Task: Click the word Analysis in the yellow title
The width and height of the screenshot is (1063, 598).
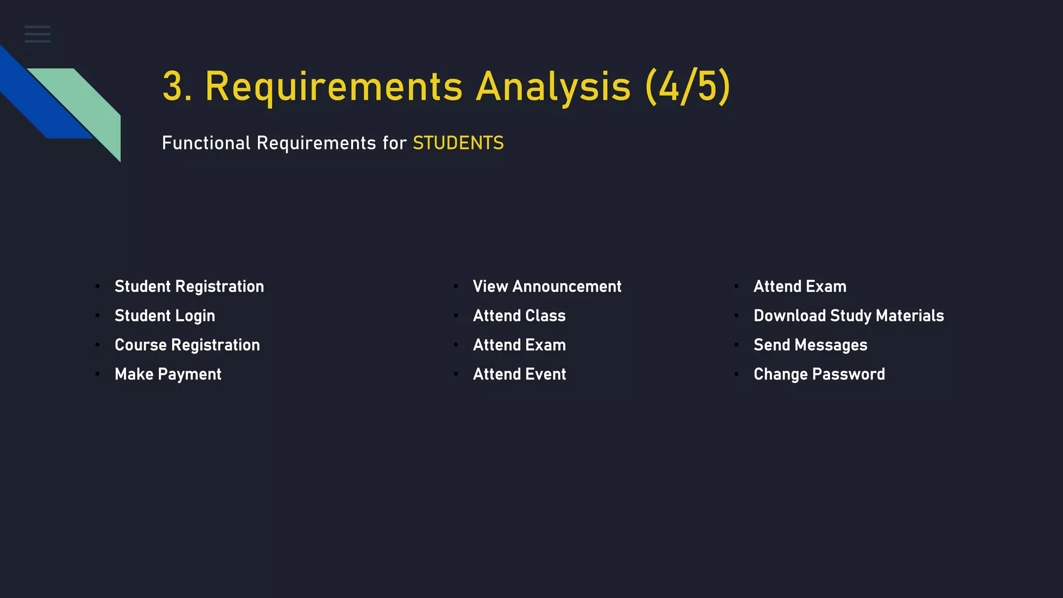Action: (x=553, y=87)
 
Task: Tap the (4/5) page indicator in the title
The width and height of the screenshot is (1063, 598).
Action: (x=688, y=87)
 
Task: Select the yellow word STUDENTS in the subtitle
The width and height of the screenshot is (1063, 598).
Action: (x=458, y=143)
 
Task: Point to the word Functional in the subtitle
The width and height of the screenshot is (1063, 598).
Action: (x=206, y=143)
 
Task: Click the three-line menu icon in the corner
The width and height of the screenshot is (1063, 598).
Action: (x=37, y=34)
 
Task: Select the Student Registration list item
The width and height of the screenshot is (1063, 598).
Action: (x=189, y=287)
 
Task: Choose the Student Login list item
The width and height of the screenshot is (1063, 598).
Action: (x=165, y=316)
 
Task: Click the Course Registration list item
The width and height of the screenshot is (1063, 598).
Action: (x=187, y=345)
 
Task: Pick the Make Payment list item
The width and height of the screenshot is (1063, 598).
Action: (x=168, y=374)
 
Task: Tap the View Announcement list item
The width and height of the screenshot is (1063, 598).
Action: (x=547, y=287)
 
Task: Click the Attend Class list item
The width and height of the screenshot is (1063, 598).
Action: (x=519, y=316)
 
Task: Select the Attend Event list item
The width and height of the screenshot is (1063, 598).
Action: (x=519, y=374)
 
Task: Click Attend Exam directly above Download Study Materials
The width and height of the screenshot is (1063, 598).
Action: (x=800, y=287)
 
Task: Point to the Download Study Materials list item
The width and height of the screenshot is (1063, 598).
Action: (x=849, y=316)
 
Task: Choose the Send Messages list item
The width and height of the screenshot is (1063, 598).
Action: (x=810, y=345)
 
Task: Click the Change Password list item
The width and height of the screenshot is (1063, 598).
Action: (x=819, y=374)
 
